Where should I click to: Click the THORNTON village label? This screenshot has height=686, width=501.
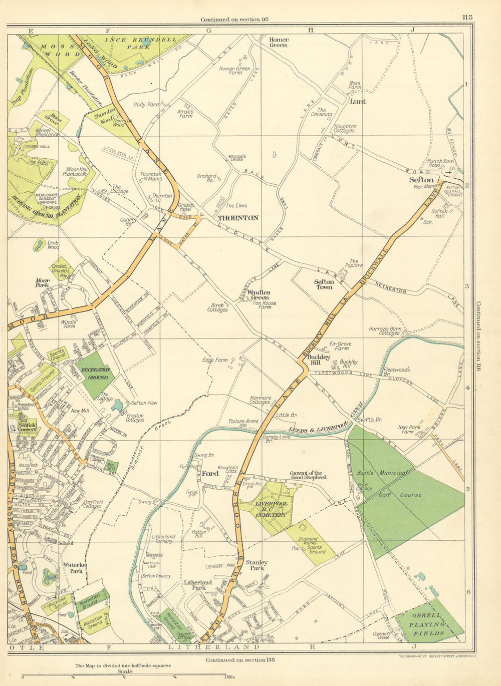coord(238,218)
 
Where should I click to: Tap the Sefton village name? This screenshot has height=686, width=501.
coord(421,179)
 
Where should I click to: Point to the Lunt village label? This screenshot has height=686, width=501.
coord(358,101)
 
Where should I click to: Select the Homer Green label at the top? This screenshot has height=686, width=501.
coord(279,42)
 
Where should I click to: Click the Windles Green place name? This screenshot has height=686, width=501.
coord(259,295)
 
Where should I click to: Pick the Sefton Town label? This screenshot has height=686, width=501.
coord(324,284)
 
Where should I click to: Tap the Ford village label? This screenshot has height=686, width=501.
coord(209,473)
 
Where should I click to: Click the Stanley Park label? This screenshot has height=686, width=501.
coord(257,565)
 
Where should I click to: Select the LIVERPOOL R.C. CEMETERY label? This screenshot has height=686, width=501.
coord(271,509)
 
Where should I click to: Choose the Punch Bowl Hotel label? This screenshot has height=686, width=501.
coord(441,164)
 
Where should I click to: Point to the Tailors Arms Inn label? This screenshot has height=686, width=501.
coord(243,424)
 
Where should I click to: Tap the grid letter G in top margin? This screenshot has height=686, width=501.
coord(208,31)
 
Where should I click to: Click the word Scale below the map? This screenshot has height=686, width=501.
coord(124,671)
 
